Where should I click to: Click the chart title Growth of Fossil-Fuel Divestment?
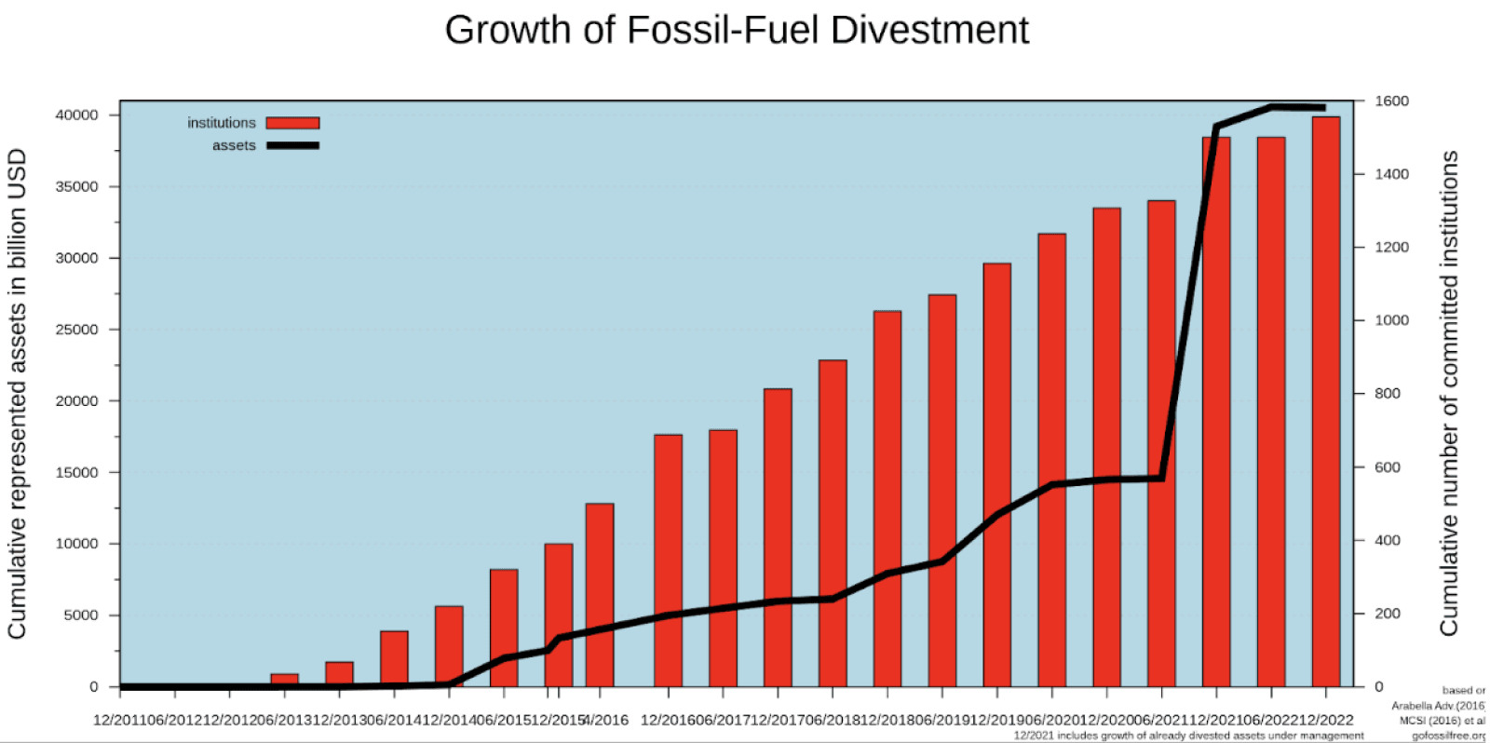click(737, 30)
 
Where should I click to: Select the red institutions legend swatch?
click(292, 123)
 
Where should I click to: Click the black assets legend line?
click(292, 145)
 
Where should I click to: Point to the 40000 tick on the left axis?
click(76, 115)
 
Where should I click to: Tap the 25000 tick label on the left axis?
click(76, 330)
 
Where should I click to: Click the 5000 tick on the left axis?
click(80, 615)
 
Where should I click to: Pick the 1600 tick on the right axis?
click(1391, 101)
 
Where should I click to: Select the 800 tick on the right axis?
click(1388, 394)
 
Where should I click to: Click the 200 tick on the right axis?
click(1388, 614)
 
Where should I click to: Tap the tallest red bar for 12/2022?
click(1325, 400)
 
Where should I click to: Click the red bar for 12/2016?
click(668, 559)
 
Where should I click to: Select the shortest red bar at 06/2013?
click(284, 680)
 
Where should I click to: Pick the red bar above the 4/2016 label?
click(600, 596)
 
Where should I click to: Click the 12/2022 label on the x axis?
click(1325, 720)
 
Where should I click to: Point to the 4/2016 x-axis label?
click(605, 720)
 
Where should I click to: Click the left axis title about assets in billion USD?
click(17, 394)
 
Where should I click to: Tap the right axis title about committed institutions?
click(1449, 394)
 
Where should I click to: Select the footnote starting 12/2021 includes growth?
click(1188, 736)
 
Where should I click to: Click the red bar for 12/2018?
click(887, 498)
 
